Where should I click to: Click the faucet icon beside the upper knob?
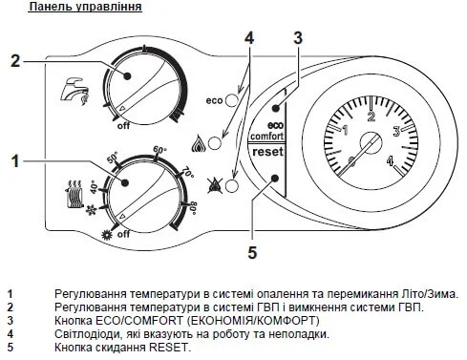click(75, 91)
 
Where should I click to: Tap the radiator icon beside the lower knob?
click(74, 194)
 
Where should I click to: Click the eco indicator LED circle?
click(232, 100)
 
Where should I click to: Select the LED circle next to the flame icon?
click(215, 143)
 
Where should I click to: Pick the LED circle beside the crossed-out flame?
click(232, 186)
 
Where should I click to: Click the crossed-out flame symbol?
click(215, 185)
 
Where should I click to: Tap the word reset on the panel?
click(267, 152)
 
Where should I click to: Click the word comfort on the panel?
click(266, 137)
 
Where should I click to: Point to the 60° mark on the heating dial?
click(160, 149)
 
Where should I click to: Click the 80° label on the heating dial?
click(193, 208)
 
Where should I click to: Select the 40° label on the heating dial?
click(94, 186)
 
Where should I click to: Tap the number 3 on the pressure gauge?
click(396, 132)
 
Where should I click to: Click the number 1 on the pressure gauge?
click(345, 130)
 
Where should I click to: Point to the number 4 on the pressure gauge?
click(391, 160)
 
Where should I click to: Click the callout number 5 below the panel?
click(252, 253)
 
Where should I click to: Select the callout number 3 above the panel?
click(298, 38)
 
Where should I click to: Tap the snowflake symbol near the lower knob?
click(92, 210)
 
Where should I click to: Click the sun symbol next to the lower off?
click(107, 235)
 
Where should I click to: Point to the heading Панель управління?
click(85, 7)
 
